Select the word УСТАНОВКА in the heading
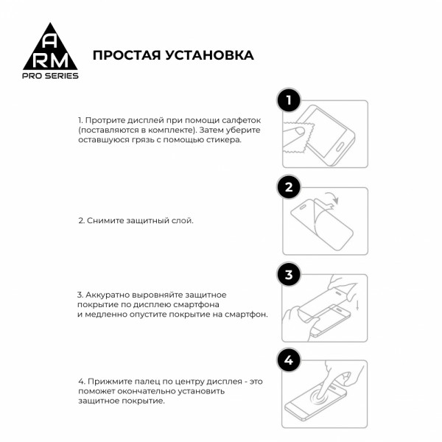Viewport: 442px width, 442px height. [x=211, y=55]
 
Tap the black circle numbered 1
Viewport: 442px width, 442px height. [x=289, y=100]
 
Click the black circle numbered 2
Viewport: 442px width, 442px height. [x=289, y=187]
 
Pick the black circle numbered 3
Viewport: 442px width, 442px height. [x=289, y=275]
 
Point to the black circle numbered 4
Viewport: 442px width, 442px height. [x=289, y=360]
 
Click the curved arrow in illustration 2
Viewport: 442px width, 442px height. [x=332, y=197]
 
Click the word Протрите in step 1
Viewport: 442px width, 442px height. [x=107, y=119]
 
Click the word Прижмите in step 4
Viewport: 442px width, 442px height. [x=108, y=381]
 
